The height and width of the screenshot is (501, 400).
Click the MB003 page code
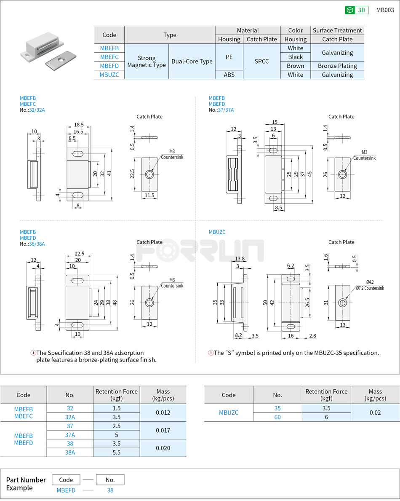coord(385,10)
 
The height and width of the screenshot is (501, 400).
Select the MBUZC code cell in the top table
coord(109,75)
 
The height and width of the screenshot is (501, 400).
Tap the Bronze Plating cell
coord(337,66)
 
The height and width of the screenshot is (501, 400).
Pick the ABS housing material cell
coord(229,75)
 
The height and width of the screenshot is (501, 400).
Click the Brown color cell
coord(295,66)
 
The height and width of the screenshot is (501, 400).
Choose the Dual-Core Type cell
coord(192,62)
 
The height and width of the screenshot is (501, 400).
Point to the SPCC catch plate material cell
coord(261,62)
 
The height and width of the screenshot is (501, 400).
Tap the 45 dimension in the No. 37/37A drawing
coord(309,174)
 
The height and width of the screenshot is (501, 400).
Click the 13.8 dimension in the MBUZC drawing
coord(240,259)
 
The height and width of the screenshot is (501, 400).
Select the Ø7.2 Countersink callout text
coord(370,288)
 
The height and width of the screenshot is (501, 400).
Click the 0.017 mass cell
coord(163,430)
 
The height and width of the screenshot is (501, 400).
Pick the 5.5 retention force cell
coord(116,452)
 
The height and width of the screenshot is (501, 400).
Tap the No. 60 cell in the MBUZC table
coord(277,417)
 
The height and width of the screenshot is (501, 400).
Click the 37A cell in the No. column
coord(70,434)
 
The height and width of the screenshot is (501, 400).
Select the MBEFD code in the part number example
coord(66,490)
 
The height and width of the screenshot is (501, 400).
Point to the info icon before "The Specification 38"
coord(33,353)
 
